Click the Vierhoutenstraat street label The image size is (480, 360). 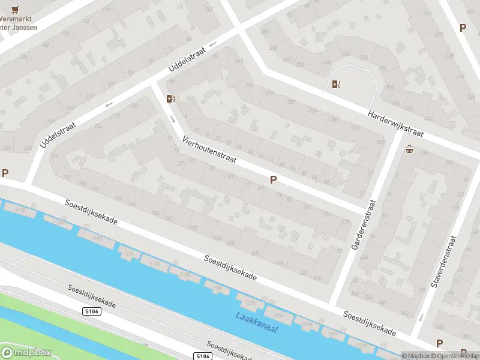click(210, 151)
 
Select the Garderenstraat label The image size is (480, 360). click(365, 225)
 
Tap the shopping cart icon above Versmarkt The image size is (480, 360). click(16, 9)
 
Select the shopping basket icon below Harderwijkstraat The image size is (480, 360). click(410, 149)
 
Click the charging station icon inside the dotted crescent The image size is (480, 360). click(337, 85)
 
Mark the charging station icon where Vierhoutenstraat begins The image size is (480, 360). click(171, 98)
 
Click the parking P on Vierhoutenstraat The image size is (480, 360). click(274, 179)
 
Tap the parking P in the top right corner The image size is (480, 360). click(462, 28)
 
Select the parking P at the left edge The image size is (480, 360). click(5, 173)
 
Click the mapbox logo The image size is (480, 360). click(26, 352)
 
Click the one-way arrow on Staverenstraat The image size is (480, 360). click(421, 316)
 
